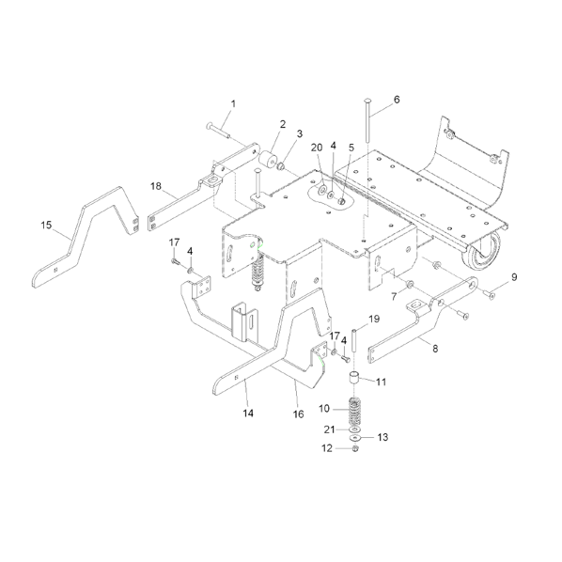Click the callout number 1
233,104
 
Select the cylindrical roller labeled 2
268,160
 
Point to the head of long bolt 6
366,101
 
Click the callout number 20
317,148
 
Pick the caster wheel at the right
483,252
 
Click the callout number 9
514,277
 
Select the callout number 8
435,349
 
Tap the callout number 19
374,319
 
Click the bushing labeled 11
354,378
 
